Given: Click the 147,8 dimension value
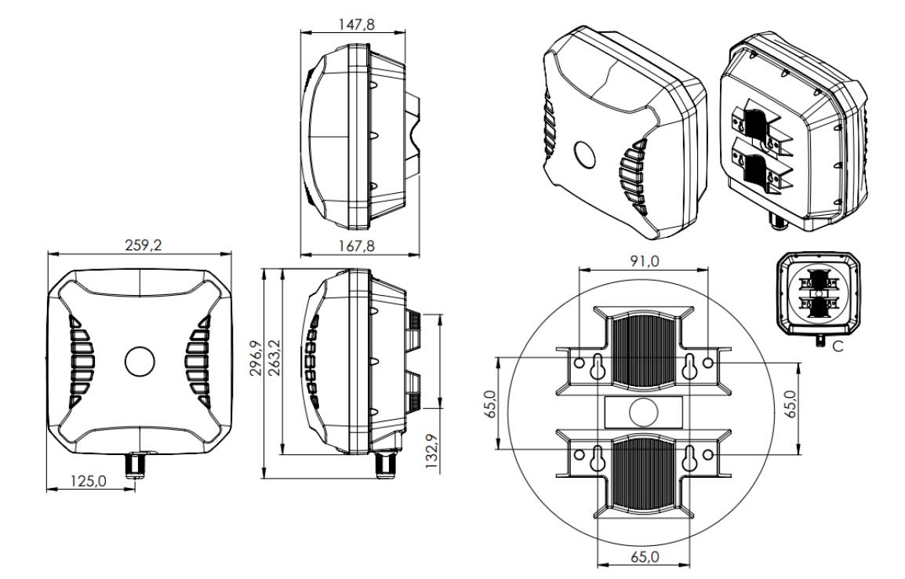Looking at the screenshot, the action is [x=356, y=24].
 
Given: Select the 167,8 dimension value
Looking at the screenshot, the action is [x=356, y=246].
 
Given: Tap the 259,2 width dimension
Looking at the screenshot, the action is [x=144, y=245].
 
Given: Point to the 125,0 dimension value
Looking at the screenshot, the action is [x=89, y=481].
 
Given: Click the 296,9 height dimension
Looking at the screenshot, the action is [x=256, y=358].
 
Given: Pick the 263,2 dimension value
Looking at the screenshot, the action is [x=274, y=358].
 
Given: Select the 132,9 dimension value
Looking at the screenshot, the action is [x=431, y=451].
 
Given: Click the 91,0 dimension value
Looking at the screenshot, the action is [x=644, y=261].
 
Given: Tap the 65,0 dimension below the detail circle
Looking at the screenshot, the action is [x=645, y=558].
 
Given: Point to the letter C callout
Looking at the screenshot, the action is [x=838, y=346].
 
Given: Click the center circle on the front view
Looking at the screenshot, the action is [x=140, y=362].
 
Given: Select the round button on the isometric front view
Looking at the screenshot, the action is [x=585, y=154].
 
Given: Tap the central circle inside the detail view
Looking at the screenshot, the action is [x=644, y=413].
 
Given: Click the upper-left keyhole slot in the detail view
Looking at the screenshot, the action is [x=598, y=366].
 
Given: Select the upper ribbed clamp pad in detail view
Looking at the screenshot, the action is [x=643, y=351].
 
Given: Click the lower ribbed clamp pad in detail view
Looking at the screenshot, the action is [x=643, y=475].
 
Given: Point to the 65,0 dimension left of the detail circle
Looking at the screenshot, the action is [x=490, y=403].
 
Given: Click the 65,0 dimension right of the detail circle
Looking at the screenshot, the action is [x=791, y=403].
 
